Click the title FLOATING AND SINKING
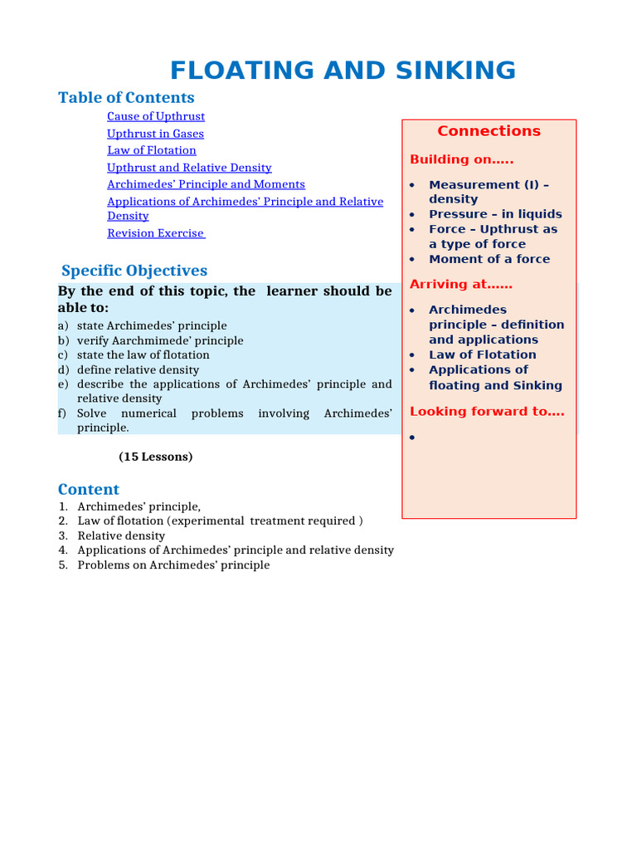343,70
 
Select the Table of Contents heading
126,98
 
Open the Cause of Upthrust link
156,116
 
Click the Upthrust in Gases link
155,134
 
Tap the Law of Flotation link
152,150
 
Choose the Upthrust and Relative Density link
189,168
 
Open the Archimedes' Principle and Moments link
206,184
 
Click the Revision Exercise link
155,233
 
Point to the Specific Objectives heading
134,271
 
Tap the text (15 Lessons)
156,457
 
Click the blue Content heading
89,489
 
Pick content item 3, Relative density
121,535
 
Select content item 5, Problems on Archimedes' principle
173,565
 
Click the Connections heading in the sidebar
489,131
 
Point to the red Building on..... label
461,159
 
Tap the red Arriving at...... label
461,284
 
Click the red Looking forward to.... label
487,411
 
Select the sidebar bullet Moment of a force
489,259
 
